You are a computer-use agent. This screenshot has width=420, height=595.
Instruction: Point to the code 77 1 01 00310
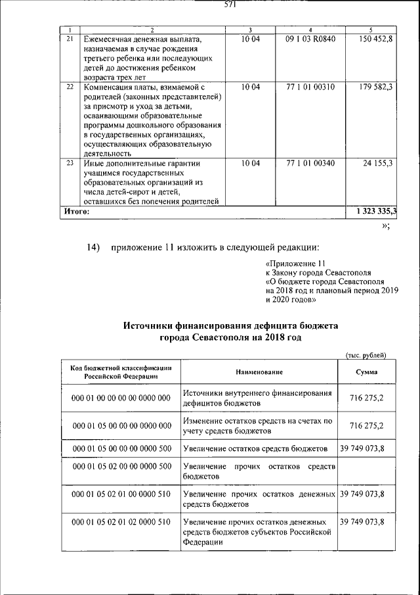(x=310, y=86)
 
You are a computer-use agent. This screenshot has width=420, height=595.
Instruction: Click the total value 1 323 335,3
(x=376, y=212)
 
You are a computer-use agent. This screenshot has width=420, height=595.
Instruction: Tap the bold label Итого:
(x=76, y=212)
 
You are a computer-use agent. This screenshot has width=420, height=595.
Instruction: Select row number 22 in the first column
(x=70, y=86)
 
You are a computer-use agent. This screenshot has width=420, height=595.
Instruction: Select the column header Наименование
(x=258, y=372)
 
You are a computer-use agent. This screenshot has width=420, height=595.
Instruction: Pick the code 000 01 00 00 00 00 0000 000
(x=121, y=398)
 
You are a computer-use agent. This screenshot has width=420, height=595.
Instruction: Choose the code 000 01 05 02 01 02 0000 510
(x=121, y=521)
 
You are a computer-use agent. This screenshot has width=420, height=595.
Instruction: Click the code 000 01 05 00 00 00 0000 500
(x=121, y=448)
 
